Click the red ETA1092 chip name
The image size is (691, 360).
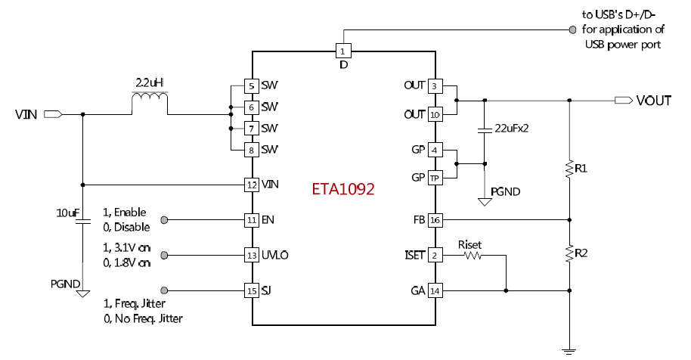tap(343, 189)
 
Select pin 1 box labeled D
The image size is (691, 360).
tap(343, 51)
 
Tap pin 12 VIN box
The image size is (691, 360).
tap(251, 184)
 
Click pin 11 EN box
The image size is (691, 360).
tap(251, 220)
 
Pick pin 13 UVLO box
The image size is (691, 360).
tap(251, 255)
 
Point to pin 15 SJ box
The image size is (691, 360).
tap(251, 290)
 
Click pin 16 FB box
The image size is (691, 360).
tap(435, 220)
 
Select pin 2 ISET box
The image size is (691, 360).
tap(435, 256)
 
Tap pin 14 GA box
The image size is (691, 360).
tap(435, 290)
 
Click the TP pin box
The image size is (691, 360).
tap(435, 178)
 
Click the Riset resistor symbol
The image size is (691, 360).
tap(473, 256)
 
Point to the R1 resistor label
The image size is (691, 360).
tap(581, 169)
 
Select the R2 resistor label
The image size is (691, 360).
tap(581, 252)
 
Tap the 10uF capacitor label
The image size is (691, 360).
tap(67, 214)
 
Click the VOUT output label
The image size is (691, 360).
tap(653, 101)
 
